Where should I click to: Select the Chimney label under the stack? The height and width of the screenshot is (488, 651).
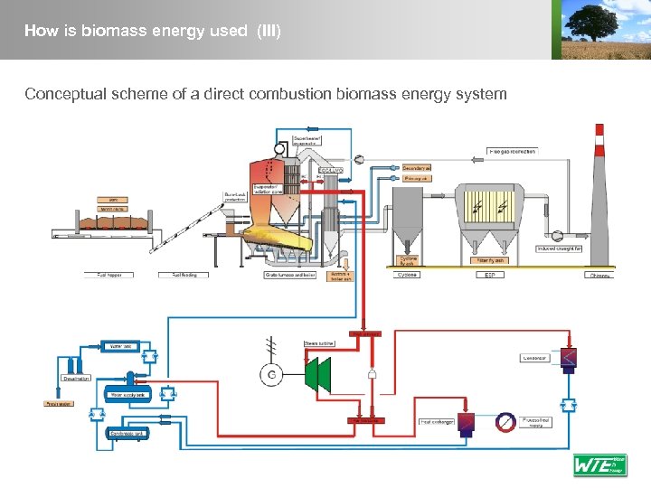tap(599, 275)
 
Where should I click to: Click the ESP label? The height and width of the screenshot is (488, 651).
tap(489, 274)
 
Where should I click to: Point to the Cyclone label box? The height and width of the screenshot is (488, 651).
tap(408, 274)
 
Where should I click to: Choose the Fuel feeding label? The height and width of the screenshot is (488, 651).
tap(177, 274)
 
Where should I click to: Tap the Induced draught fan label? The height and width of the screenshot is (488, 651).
tap(559, 248)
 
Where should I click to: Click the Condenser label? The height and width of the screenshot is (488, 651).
tap(534, 358)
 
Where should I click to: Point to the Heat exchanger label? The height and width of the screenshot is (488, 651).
tap(437, 421)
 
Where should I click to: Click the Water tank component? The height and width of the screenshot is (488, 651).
tap(120, 346)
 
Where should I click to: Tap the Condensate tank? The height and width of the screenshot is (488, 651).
tap(127, 434)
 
